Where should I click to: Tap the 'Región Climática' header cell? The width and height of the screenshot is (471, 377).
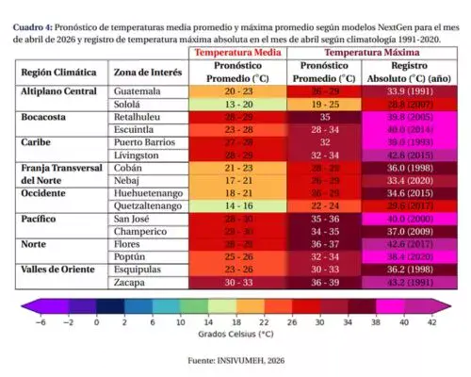[x=59, y=72]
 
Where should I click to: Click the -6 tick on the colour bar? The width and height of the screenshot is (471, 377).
[x=39, y=320]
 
